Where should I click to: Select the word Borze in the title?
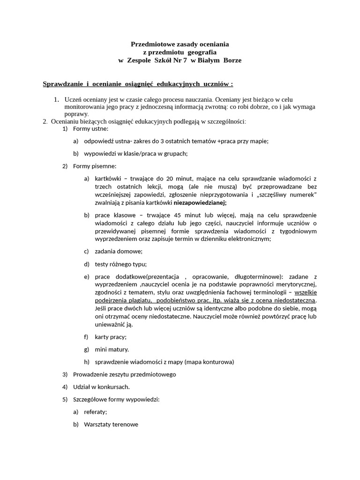pyautogui.click(x=232, y=60)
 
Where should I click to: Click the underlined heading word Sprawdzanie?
pyautogui.click(x=63, y=84)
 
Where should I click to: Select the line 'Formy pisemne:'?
pyautogui.click(x=95, y=166)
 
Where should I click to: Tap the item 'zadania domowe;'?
pyautogui.click(x=119, y=251)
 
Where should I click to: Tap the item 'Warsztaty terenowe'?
pyautogui.click(x=111, y=425)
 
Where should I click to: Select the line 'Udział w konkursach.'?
pyautogui.click(x=101, y=387)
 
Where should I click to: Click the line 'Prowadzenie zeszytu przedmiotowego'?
pyautogui.click(x=124, y=375)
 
